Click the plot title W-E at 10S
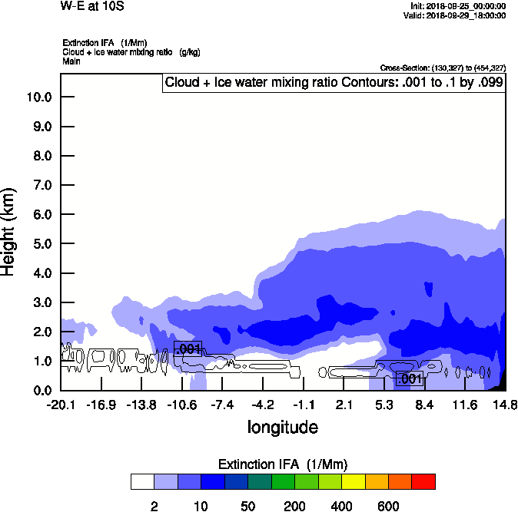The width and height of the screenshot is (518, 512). pos(92,7)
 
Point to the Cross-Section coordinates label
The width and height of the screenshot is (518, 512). pos(443,68)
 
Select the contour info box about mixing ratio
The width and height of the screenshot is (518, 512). pos(334,82)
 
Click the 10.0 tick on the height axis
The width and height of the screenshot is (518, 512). pos(38,97)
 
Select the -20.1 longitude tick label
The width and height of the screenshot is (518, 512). pos(60,405)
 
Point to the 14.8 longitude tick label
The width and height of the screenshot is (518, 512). pos(505,405)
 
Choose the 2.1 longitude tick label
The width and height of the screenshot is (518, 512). pos(344,405)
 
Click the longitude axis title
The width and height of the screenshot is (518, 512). pos(282,426)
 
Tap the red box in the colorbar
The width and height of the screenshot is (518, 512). pos(423,481)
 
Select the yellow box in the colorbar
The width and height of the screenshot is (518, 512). pos(353,481)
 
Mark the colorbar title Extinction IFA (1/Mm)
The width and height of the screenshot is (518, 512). pos(283,464)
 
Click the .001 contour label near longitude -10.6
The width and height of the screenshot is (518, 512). pos(188,348)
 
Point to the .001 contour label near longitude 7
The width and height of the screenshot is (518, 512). pos(409,378)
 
